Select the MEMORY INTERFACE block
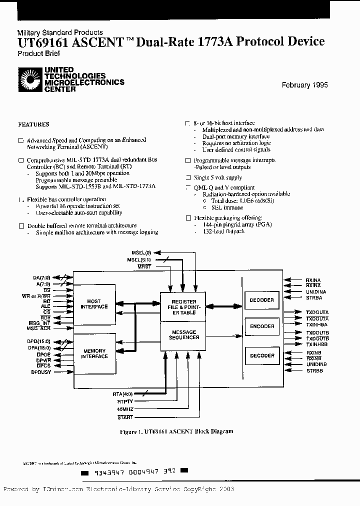(x=95, y=353)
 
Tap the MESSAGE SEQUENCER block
(x=184, y=334)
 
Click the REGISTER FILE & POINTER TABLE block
(x=184, y=306)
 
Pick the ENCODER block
(x=262, y=326)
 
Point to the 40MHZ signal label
(x=125, y=409)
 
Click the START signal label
(x=125, y=417)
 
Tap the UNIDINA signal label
(x=316, y=291)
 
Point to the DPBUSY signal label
(x=41, y=372)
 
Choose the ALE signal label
(x=46, y=306)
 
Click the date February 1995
(x=304, y=85)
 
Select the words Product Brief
(x=35, y=53)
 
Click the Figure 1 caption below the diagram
(x=176, y=431)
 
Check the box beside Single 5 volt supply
(x=188, y=177)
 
